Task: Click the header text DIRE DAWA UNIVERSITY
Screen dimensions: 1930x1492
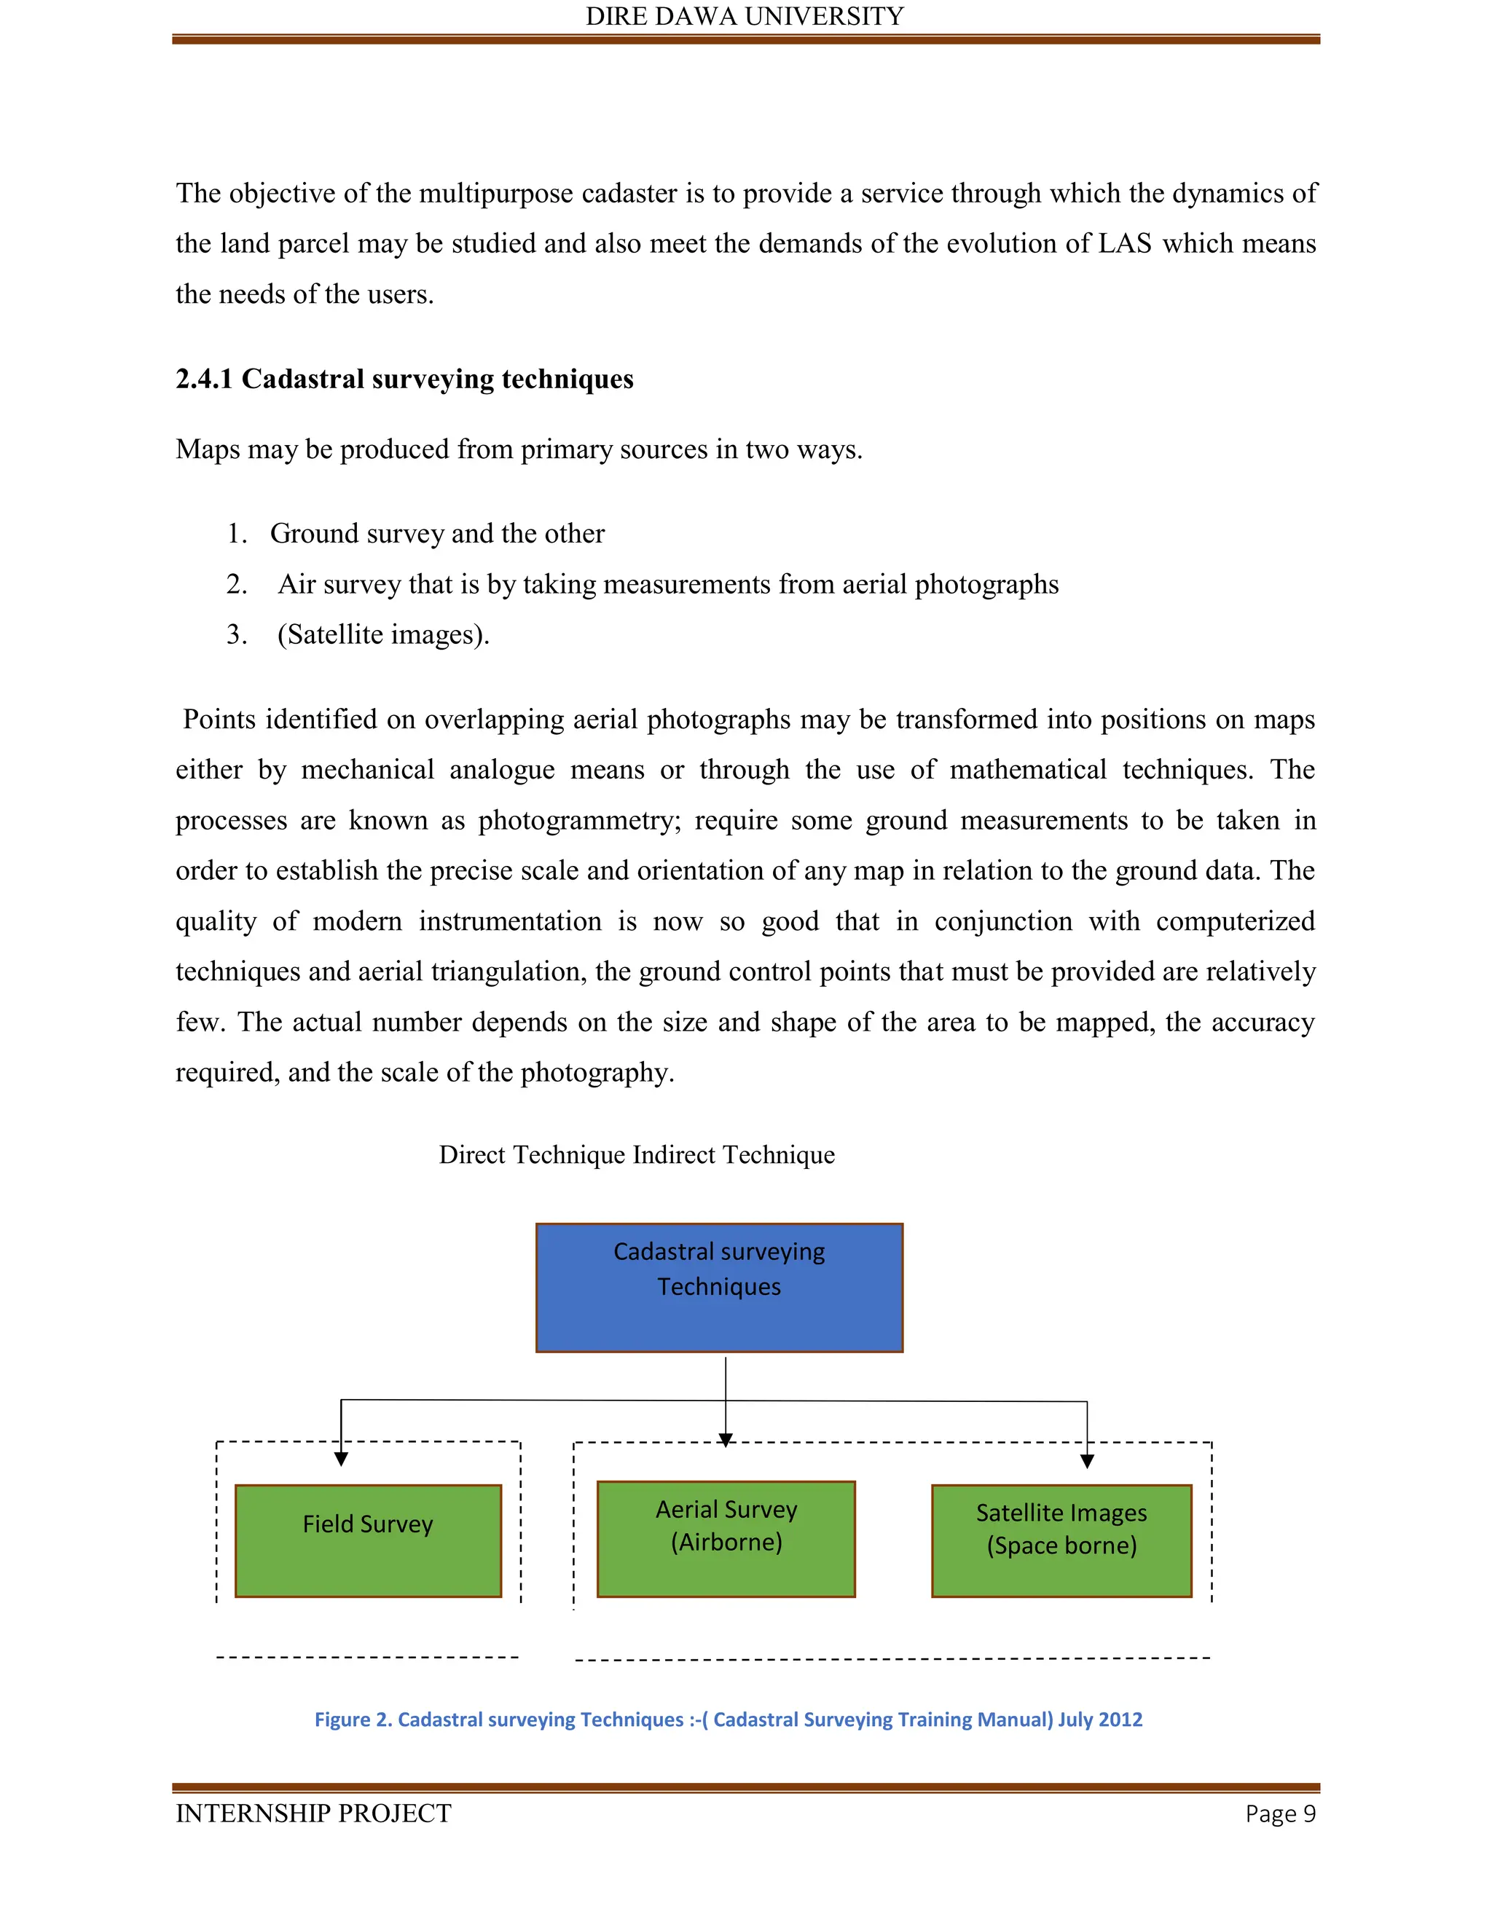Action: tap(745, 17)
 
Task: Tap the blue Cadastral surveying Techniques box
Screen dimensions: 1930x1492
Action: tap(718, 1288)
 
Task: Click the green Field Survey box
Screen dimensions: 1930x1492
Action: tap(368, 1540)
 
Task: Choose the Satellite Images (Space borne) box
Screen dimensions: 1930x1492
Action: tap(1061, 1540)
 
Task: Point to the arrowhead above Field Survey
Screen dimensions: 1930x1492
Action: tap(341, 1459)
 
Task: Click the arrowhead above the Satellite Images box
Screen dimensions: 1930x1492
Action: tap(1087, 1462)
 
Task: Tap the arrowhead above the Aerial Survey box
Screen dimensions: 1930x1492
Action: tap(726, 1441)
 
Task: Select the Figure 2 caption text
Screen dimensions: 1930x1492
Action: tap(729, 1719)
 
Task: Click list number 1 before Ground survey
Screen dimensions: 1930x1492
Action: tap(236, 534)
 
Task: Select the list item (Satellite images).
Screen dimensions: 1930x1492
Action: tap(382, 634)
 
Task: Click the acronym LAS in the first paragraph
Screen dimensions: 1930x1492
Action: tap(1124, 244)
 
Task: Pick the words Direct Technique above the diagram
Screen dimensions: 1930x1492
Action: tap(532, 1155)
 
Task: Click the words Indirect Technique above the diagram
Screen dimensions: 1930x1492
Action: tap(734, 1155)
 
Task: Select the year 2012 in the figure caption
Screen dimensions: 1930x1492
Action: tap(1120, 1719)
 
